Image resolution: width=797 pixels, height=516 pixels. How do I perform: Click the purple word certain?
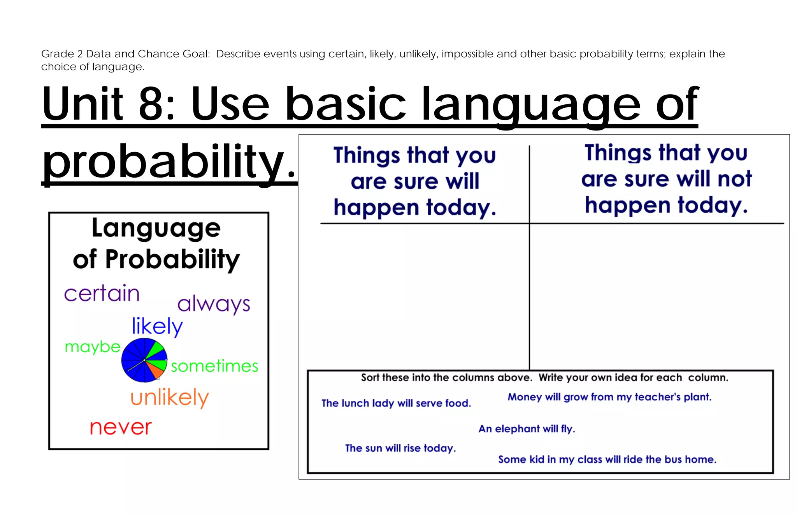(x=102, y=294)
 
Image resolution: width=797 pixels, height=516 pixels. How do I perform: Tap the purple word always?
(x=214, y=304)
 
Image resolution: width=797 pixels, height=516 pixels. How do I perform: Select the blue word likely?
(x=157, y=326)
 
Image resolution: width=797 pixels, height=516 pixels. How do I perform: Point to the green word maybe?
(x=93, y=347)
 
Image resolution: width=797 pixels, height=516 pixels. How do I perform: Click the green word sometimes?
(x=214, y=366)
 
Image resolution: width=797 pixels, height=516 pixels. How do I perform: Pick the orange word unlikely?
(x=170, y=398)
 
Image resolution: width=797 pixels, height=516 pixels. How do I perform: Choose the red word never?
(x=121, y=428)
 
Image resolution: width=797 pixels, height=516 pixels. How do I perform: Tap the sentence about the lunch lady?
(x=396, y=403)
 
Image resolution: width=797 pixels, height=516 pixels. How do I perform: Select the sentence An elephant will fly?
(x=527, y=429)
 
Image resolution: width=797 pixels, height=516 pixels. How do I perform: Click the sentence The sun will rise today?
(x=400, y=448)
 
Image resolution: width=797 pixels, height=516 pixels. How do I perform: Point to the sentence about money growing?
(x=609, y=397)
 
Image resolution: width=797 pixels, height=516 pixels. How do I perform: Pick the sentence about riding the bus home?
(x=607, y=460)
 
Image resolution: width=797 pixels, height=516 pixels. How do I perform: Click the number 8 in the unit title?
(x=151, y=104)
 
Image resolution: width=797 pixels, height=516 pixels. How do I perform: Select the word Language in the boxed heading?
(x=156, y=229)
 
